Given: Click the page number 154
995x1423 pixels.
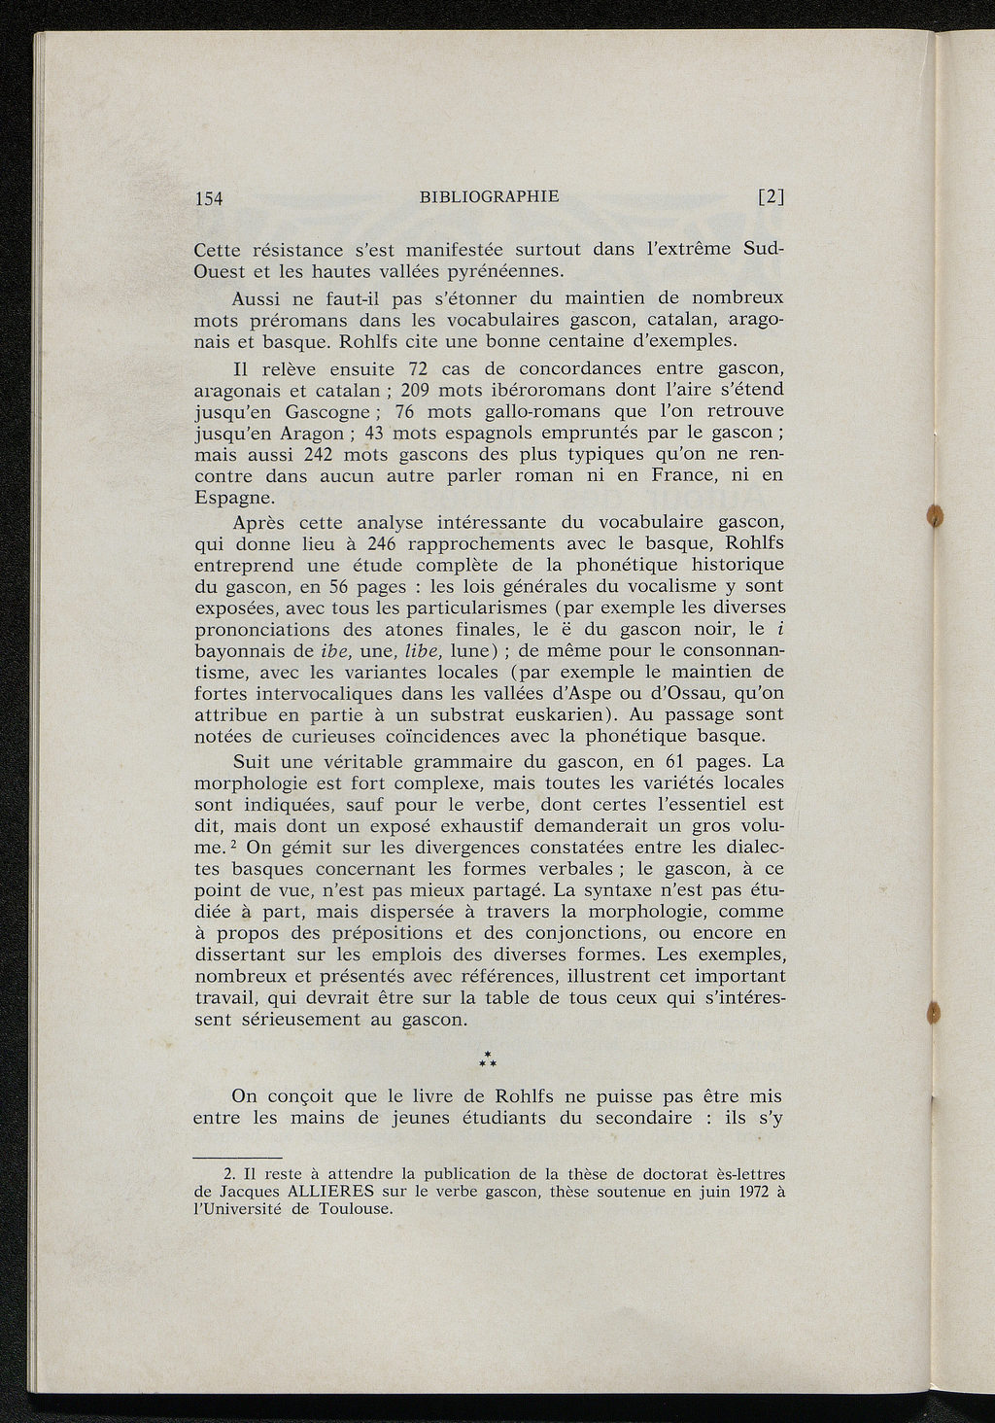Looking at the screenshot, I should pyautogui.click(x=209, y=199).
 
